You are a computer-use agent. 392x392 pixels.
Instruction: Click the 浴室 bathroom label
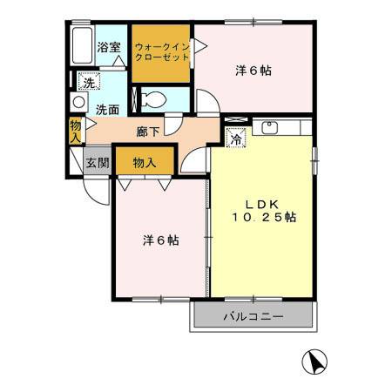click(x=108, y=48)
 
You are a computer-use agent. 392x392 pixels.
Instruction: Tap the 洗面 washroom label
click(x=107, y=110)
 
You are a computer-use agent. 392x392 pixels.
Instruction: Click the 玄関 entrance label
click(x=97, y=162)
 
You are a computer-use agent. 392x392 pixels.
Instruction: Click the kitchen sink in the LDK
click(x=270, y=129)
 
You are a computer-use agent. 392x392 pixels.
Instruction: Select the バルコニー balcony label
click(x=252, y=317)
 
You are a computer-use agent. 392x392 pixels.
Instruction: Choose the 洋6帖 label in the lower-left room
click(x=160, y=240)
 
